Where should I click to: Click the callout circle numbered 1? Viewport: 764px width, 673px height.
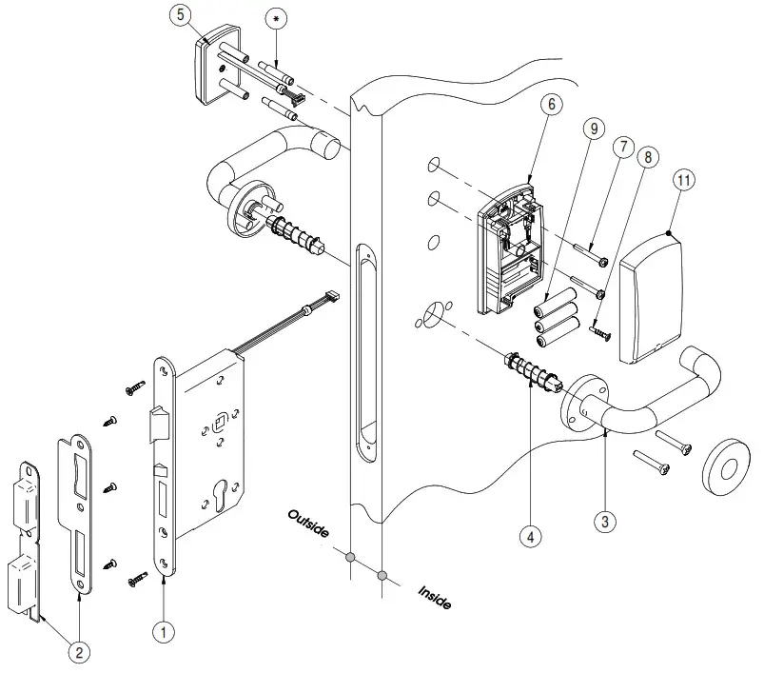(166, 629)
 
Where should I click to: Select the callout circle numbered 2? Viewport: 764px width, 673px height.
(80, 652)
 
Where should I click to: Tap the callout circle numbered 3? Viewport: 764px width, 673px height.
(605, 521)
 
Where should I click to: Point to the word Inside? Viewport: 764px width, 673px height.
(435, 598)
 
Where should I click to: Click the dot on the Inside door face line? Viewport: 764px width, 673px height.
(382, 575)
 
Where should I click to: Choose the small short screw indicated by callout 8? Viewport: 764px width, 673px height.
(600, 331)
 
